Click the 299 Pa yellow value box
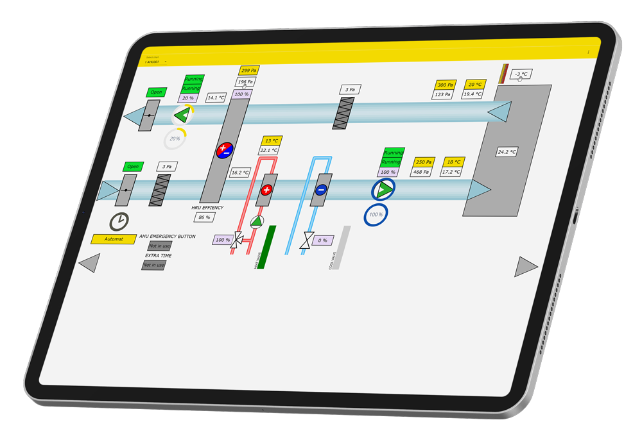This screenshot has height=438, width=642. tap(248, 71)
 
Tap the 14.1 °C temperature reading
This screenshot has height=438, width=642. tap(216, 98)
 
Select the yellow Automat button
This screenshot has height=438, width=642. tap(114, 239)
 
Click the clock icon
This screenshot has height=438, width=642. tap(119, 221)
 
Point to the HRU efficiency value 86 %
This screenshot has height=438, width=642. tap(205, 218)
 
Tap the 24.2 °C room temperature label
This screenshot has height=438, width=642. tap(507, 153)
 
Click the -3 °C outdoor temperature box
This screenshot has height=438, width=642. tap(521, 74)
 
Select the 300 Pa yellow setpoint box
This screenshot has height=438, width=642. tap(446, 85)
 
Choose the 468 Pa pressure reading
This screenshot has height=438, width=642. tap(421, 172)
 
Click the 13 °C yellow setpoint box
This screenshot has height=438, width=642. tap(272, 140)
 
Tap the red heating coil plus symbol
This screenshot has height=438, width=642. tap(266, 190)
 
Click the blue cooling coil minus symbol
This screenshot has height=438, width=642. tap(322, 189)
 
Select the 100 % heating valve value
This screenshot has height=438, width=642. tap(222, 240)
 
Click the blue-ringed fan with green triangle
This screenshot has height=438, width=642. tap(383, 189)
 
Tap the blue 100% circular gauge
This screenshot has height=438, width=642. tap(376, 214)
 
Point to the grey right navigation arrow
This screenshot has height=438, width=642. tap(526, 266)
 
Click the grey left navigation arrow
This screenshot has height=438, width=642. tap(89, 263)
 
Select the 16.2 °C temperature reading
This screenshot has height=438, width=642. tap(240, 173)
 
